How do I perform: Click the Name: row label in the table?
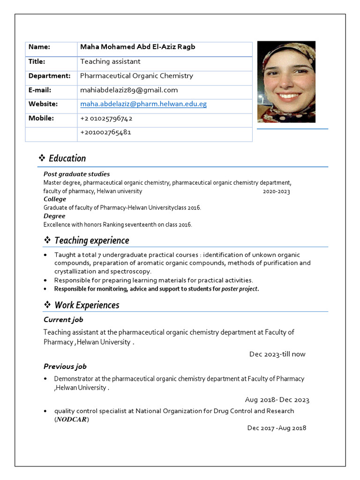point(39,47)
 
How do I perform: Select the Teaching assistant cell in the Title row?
point(110,61)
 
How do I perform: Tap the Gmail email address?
point(129,90)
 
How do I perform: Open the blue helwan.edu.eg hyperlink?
point(143,104)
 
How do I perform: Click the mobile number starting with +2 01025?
point(106,118)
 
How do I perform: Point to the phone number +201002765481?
point(105,132)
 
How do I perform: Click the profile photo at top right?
point(286,82)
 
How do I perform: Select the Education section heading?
point(67,158)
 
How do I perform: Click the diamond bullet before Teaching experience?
point(47,240)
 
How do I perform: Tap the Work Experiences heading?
point(87,305)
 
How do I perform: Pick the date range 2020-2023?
point(276,191)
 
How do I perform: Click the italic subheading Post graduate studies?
point(76,174)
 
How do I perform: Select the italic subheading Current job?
point(63,320)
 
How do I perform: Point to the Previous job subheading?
point(65,367)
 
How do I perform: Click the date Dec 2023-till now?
point(277,354)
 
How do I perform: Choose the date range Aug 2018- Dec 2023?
point(277,400)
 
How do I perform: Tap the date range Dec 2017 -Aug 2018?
point(277,427)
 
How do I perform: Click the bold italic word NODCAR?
point(72,420)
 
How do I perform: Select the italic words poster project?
point(239,289)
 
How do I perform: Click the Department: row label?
point(49,75)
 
